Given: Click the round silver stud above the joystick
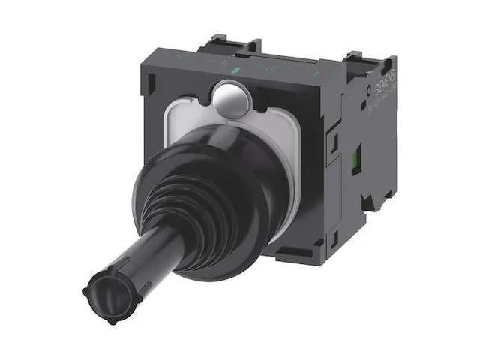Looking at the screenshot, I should point(231,100).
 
